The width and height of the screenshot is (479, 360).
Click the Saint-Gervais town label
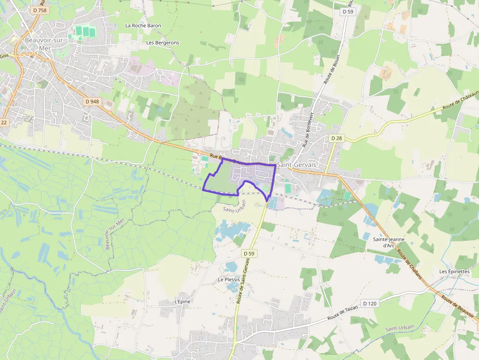[297, 165]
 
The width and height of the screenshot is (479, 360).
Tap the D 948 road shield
[91, 102]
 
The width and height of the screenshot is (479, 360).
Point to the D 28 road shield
[336, 138]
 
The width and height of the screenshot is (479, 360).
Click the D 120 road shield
[370, 303]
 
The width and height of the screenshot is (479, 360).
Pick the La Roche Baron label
[143, 25]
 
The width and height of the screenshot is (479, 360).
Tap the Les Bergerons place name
[163, 42]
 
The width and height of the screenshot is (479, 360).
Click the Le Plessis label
[228, 279]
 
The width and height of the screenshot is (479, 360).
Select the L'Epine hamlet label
[182, 301]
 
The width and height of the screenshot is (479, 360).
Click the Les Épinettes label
[454, 272]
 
